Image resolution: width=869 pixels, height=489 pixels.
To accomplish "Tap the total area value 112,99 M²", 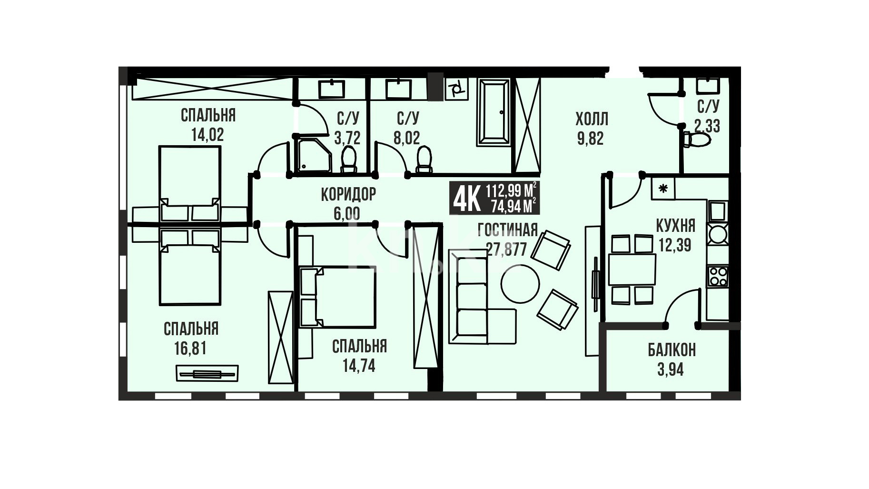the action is point(512,190).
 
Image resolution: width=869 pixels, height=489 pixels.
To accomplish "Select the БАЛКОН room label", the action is point(671,350).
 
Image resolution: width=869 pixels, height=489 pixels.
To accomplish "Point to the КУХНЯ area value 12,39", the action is point(675,245).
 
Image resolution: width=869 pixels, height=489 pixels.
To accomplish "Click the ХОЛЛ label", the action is point(592,118).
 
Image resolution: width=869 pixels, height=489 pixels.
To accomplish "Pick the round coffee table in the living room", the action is point(520,284).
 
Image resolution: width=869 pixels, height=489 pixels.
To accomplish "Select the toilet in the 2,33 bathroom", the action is point(696,140).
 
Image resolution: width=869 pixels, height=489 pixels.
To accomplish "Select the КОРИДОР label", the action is point(348,194).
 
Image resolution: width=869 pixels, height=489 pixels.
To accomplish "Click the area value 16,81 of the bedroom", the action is point(190,348).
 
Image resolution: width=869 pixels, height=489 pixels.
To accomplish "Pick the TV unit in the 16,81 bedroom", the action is point(207,373).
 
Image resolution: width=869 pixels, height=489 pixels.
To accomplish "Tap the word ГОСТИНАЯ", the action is point(508,230).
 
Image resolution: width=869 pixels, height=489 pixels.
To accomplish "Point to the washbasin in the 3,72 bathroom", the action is point(331,89).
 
